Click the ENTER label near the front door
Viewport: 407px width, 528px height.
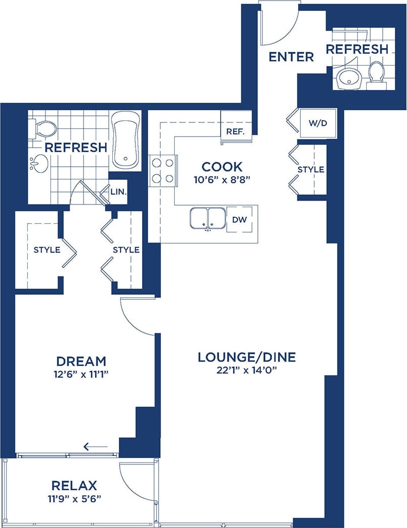291,56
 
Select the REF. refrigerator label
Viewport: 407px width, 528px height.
235,132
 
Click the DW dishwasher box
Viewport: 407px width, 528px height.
239,219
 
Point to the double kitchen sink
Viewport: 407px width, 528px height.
208,218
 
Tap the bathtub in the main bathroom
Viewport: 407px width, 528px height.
125,140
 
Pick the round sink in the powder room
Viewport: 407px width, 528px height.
348,78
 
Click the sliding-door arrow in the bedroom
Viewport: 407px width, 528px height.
95,446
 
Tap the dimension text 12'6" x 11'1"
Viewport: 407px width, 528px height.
81,374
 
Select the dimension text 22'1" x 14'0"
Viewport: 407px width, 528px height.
246,370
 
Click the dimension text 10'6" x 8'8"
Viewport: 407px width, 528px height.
222,179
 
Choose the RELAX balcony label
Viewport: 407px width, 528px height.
74,486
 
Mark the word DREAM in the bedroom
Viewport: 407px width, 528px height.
81,361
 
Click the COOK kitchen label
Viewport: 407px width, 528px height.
222,166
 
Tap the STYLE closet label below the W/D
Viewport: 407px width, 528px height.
311,169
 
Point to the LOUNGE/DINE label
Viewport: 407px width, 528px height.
246,357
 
